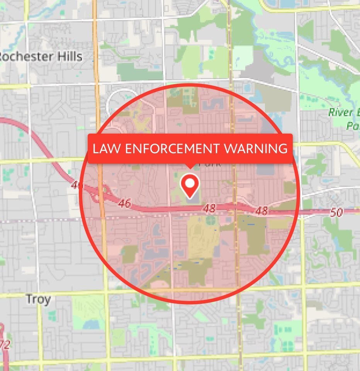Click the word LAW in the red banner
pos(105,148)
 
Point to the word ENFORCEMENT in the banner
pos(170,148)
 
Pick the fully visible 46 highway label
pos(124,203)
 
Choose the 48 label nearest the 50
pos(262,210)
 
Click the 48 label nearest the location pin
pos(209,208)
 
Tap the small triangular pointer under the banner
pos(190,166)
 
